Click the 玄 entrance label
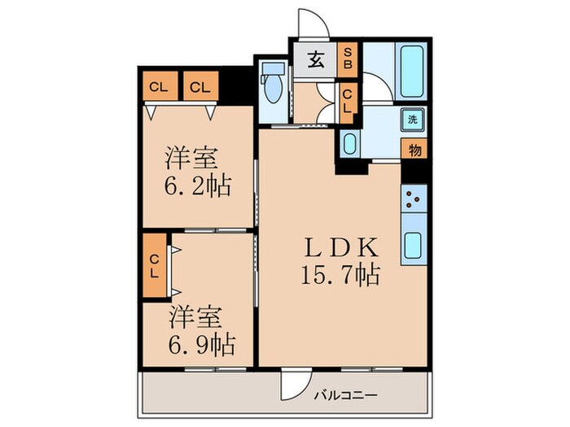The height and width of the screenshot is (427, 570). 316,59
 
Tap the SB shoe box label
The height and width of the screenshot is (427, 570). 347,58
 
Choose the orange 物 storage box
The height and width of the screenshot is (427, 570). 414,150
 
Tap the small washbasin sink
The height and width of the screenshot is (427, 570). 349,145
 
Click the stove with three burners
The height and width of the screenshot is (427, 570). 414,197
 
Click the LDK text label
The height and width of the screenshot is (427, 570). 340,246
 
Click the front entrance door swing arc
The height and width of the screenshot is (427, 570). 312,23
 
